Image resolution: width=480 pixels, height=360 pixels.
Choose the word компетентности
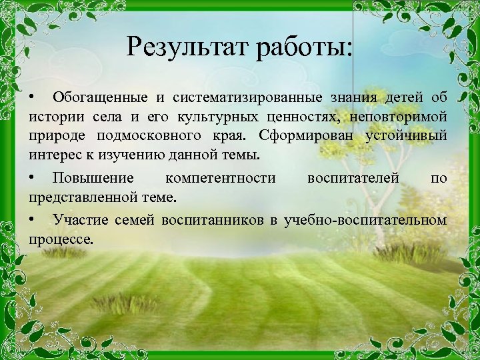click(220, 178)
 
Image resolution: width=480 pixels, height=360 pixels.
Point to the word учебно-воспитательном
click(365, 219)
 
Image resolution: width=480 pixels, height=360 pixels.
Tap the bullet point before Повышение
click(32, 178)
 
